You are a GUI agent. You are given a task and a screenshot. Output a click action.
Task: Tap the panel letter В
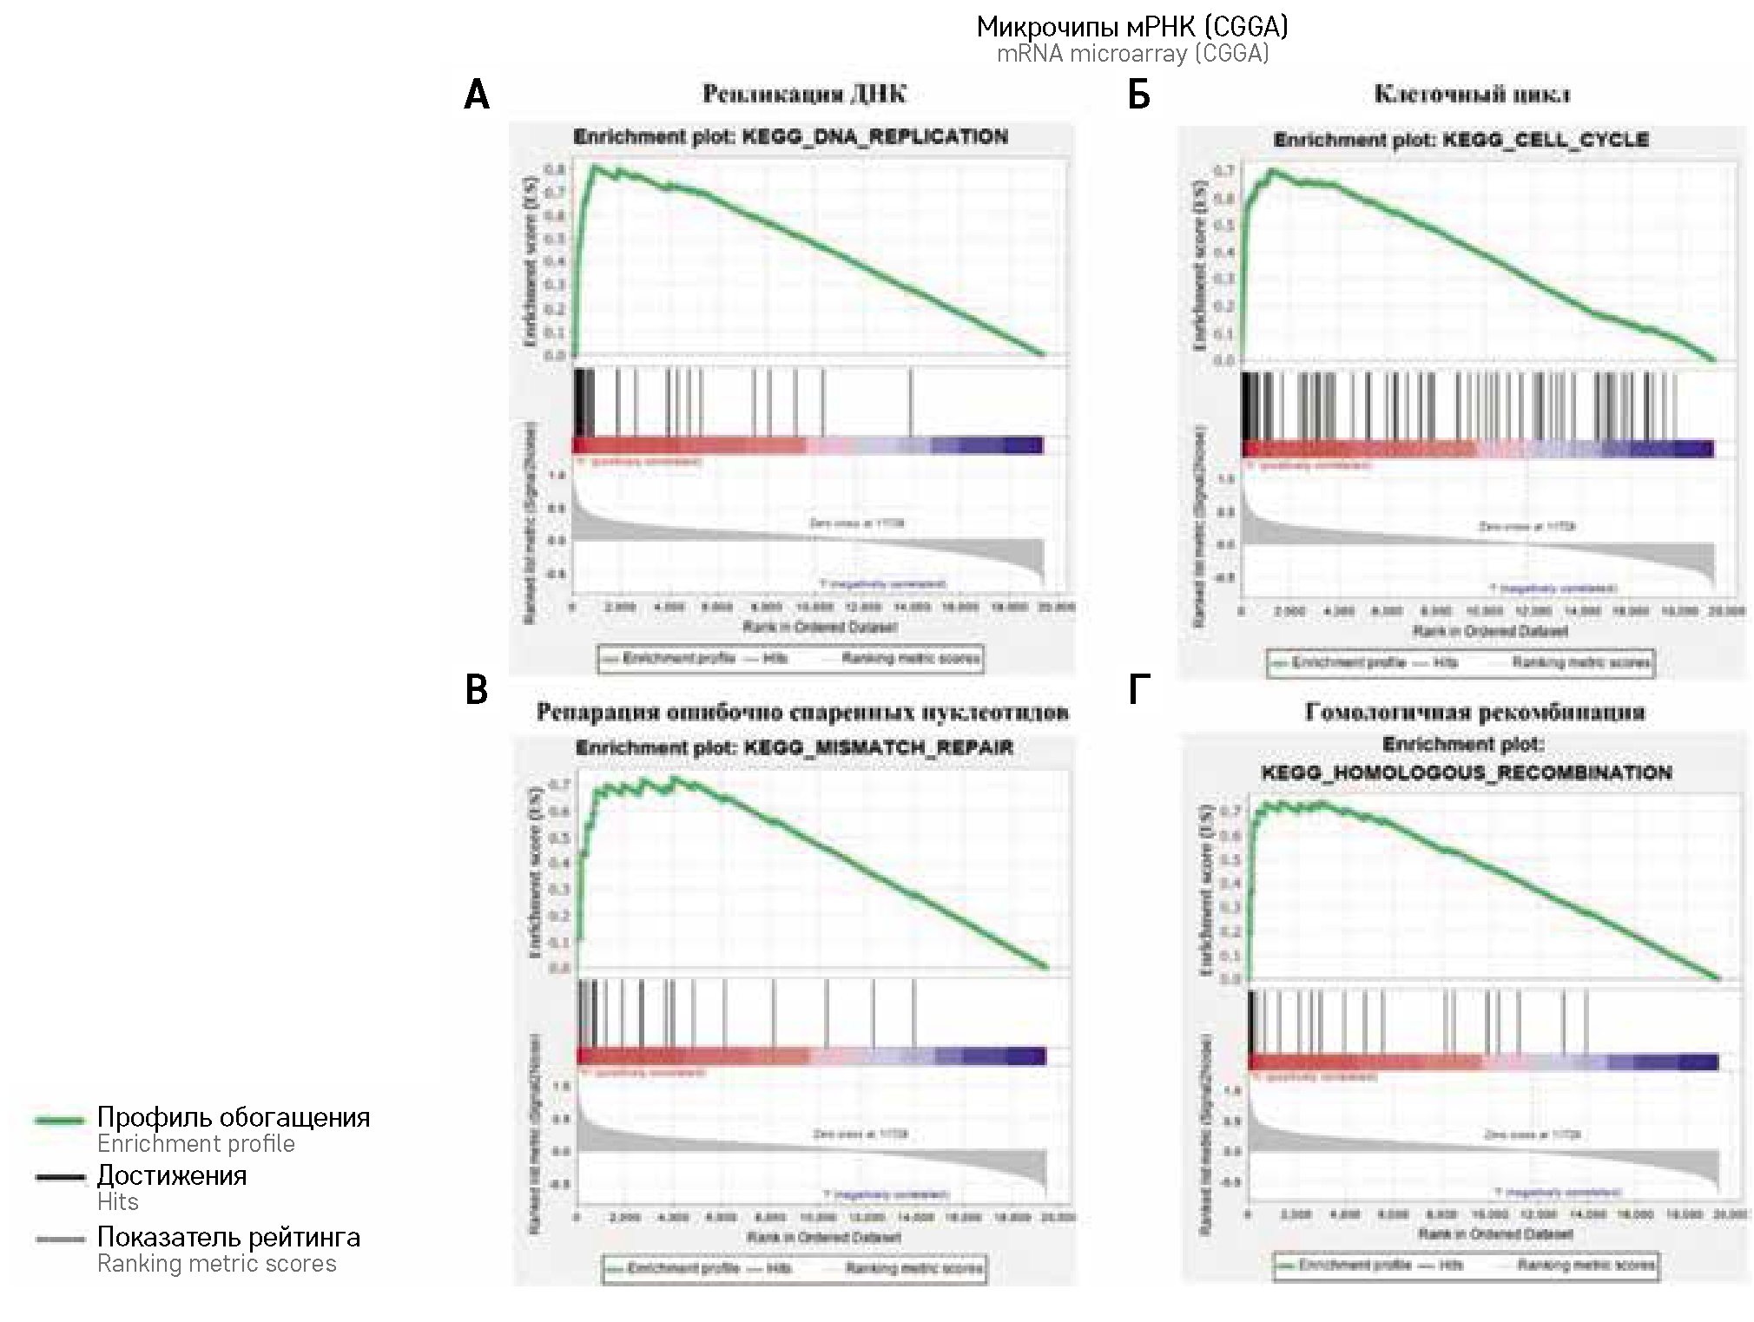point(477,691)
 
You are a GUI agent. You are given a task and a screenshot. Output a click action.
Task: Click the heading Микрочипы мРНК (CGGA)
point(1132,27)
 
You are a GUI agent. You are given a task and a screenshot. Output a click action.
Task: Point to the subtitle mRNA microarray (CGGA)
point(1132,54)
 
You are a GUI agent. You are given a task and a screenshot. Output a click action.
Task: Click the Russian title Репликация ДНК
point(804,94)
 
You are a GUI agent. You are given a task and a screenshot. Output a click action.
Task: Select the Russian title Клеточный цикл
point(1472,94)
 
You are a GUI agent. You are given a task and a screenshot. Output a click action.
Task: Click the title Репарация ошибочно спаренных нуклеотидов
point(802,713)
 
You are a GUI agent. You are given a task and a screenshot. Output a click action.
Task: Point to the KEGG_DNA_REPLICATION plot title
point(790,137)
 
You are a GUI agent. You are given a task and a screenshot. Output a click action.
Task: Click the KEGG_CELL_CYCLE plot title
point(1461,140)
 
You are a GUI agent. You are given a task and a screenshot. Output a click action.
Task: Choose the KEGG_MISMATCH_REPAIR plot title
point(794,748)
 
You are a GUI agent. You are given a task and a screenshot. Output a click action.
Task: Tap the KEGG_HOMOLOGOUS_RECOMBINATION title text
point(1466,773)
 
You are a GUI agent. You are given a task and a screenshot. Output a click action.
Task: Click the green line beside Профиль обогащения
point(60,1120)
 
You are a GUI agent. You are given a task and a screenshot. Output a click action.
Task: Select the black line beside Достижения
point(60,1178)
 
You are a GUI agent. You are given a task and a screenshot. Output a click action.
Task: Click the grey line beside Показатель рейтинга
point(60,1240)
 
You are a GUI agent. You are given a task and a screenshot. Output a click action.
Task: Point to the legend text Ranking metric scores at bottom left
point(216,1264)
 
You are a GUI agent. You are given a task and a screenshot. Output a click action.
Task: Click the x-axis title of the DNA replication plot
point(808,627)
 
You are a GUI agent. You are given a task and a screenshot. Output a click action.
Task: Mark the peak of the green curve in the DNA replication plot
point(595,165)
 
